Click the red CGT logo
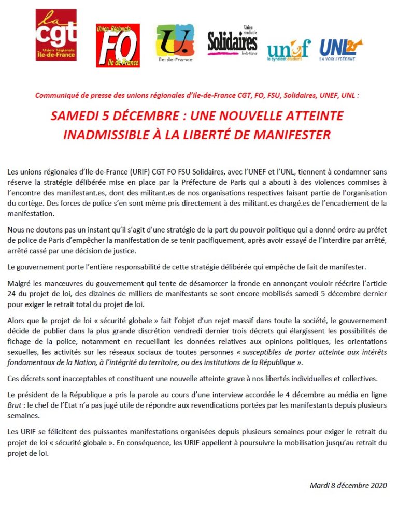pyautogui.click(x=55, y=35)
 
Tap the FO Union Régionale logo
pyautogui.click(x=118, y=46)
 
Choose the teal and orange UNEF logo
pyautogui.click(x=288, y=50)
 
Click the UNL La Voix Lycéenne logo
pyautogui.click(x=340, y=50)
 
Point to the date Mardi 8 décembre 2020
pyautogui.click(x=348, y=485)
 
